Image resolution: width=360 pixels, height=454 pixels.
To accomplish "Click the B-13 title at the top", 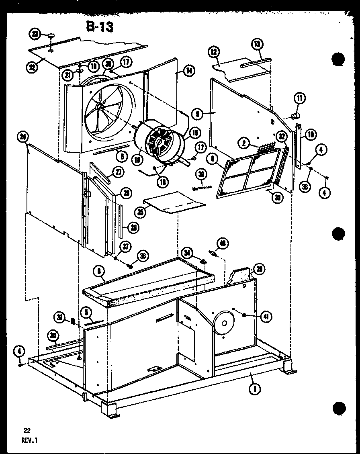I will [x=99, y=27].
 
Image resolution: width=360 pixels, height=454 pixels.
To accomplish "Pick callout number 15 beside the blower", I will [x=195, y=131].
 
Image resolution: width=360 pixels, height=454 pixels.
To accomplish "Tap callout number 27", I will [x=117, y=172].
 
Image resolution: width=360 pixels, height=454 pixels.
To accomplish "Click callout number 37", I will [x=127, y=246].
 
